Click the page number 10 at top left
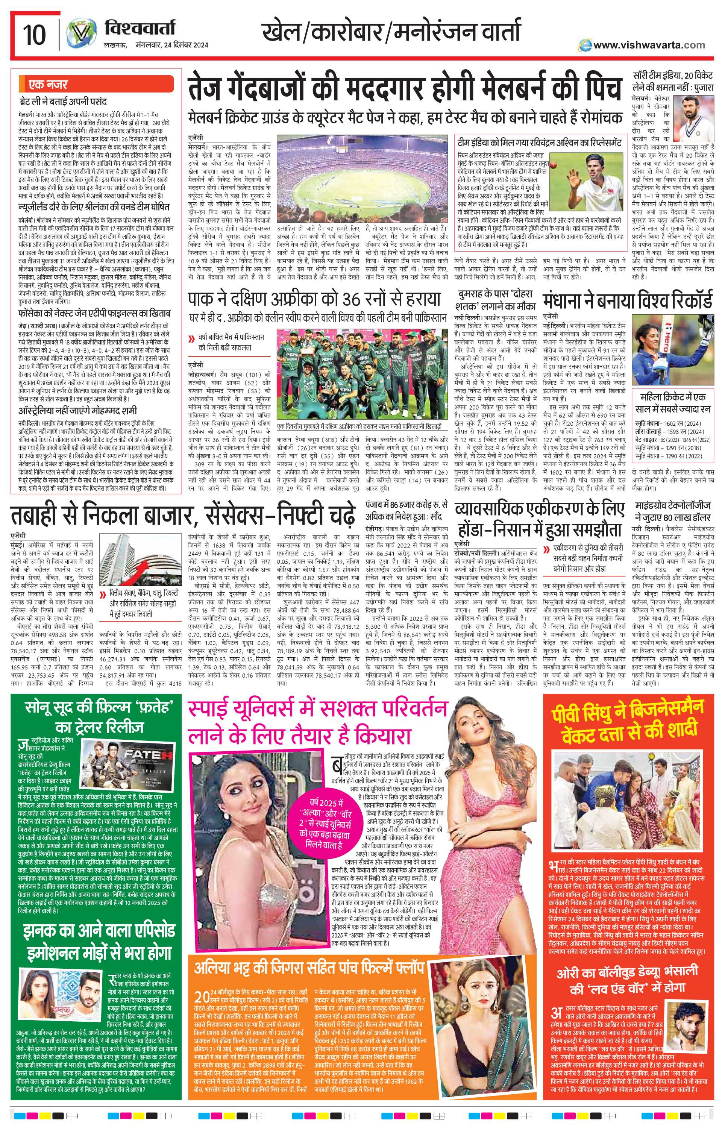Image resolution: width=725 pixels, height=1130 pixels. pyautogui.click(x=34, y=35)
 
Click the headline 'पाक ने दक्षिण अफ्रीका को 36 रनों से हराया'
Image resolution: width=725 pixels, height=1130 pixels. pyautogui.click(x=314, y=299)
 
